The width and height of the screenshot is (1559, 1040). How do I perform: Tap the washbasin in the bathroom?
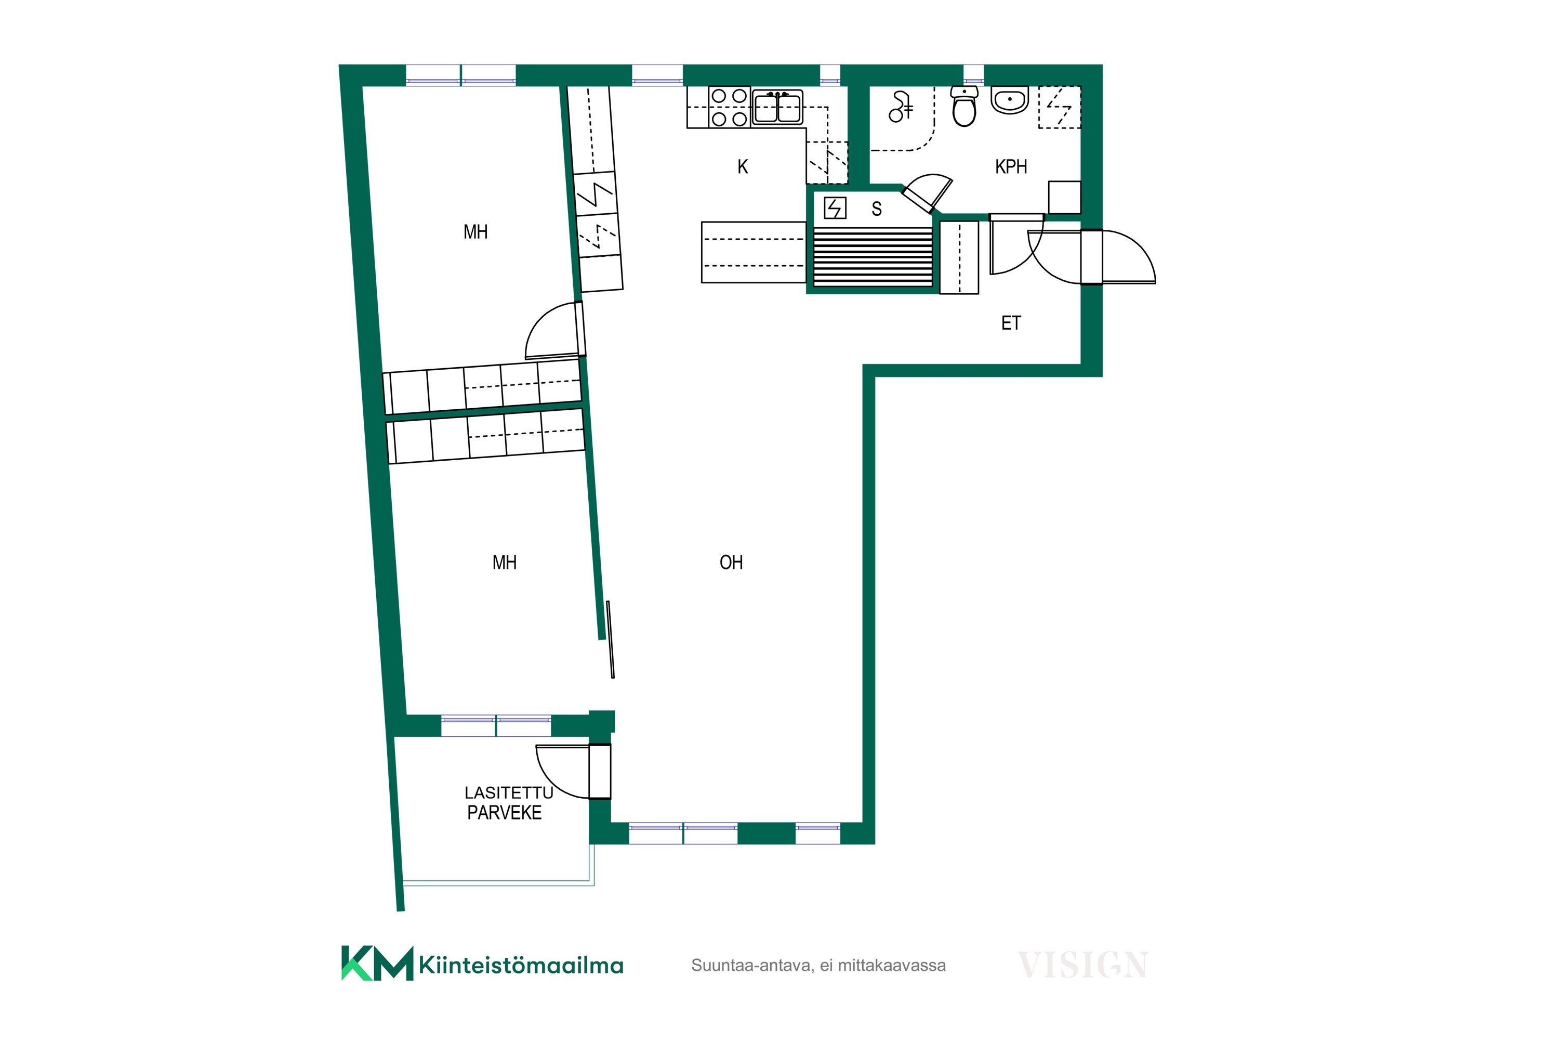(x=1010, y=100)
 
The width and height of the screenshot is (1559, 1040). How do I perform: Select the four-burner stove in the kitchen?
(x=729, y=107)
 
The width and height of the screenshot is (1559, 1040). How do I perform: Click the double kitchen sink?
(x=777, y=107)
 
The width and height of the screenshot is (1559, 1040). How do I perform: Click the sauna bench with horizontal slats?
(x=873, y=257)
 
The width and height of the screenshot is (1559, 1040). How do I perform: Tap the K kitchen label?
(x=743, y=166)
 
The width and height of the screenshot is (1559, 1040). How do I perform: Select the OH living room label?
(x=731, y=563)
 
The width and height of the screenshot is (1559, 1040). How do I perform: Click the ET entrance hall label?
(x=1011, y=323)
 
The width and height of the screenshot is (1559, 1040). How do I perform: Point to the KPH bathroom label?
(x=1011, y=166)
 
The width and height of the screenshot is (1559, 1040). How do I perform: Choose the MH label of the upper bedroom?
(x=475, y=232)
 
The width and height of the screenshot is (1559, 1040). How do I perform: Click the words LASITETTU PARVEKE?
(x=508, y=802)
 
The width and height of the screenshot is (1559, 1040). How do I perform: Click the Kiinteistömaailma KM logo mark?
(x=376, y=963)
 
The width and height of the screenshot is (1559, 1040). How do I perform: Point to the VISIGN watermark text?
(x=1082, y=965)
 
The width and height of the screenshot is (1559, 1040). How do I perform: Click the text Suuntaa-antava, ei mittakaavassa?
(x=818, y=965)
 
